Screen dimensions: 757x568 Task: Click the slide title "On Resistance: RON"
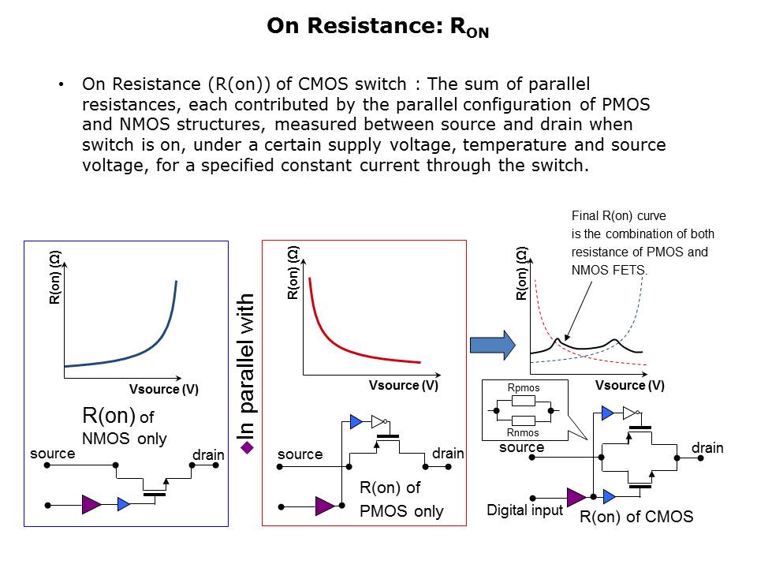[x=378, y=27]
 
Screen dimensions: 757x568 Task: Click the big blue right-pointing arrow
[x=492, y=345]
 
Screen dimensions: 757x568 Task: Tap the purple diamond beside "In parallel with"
[x=247, y=448]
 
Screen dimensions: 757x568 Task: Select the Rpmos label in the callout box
[x=524, y=388]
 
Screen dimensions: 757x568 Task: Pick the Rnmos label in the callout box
[x=523, y=433]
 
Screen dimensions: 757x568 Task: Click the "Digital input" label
[x=525, y=510]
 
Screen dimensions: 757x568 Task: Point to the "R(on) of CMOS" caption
[x=636, y=517]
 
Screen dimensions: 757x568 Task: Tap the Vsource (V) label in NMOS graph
[x=164, y=389]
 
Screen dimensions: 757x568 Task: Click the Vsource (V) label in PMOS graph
[x=404, y=386]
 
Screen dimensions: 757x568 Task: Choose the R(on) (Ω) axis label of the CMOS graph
[x=521, y=274]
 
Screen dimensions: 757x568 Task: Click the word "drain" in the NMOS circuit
[x=208, y=455]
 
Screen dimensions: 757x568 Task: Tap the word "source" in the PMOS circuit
[x=300, y=454]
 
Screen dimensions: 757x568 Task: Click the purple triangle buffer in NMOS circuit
[x=91, y=505]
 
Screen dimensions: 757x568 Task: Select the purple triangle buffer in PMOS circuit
[x=325, y=506]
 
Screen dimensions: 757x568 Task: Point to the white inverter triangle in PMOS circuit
[x=378, y=421]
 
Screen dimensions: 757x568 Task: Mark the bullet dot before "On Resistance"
[x=61, y=84]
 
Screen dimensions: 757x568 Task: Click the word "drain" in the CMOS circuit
[x=707, y=448]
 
